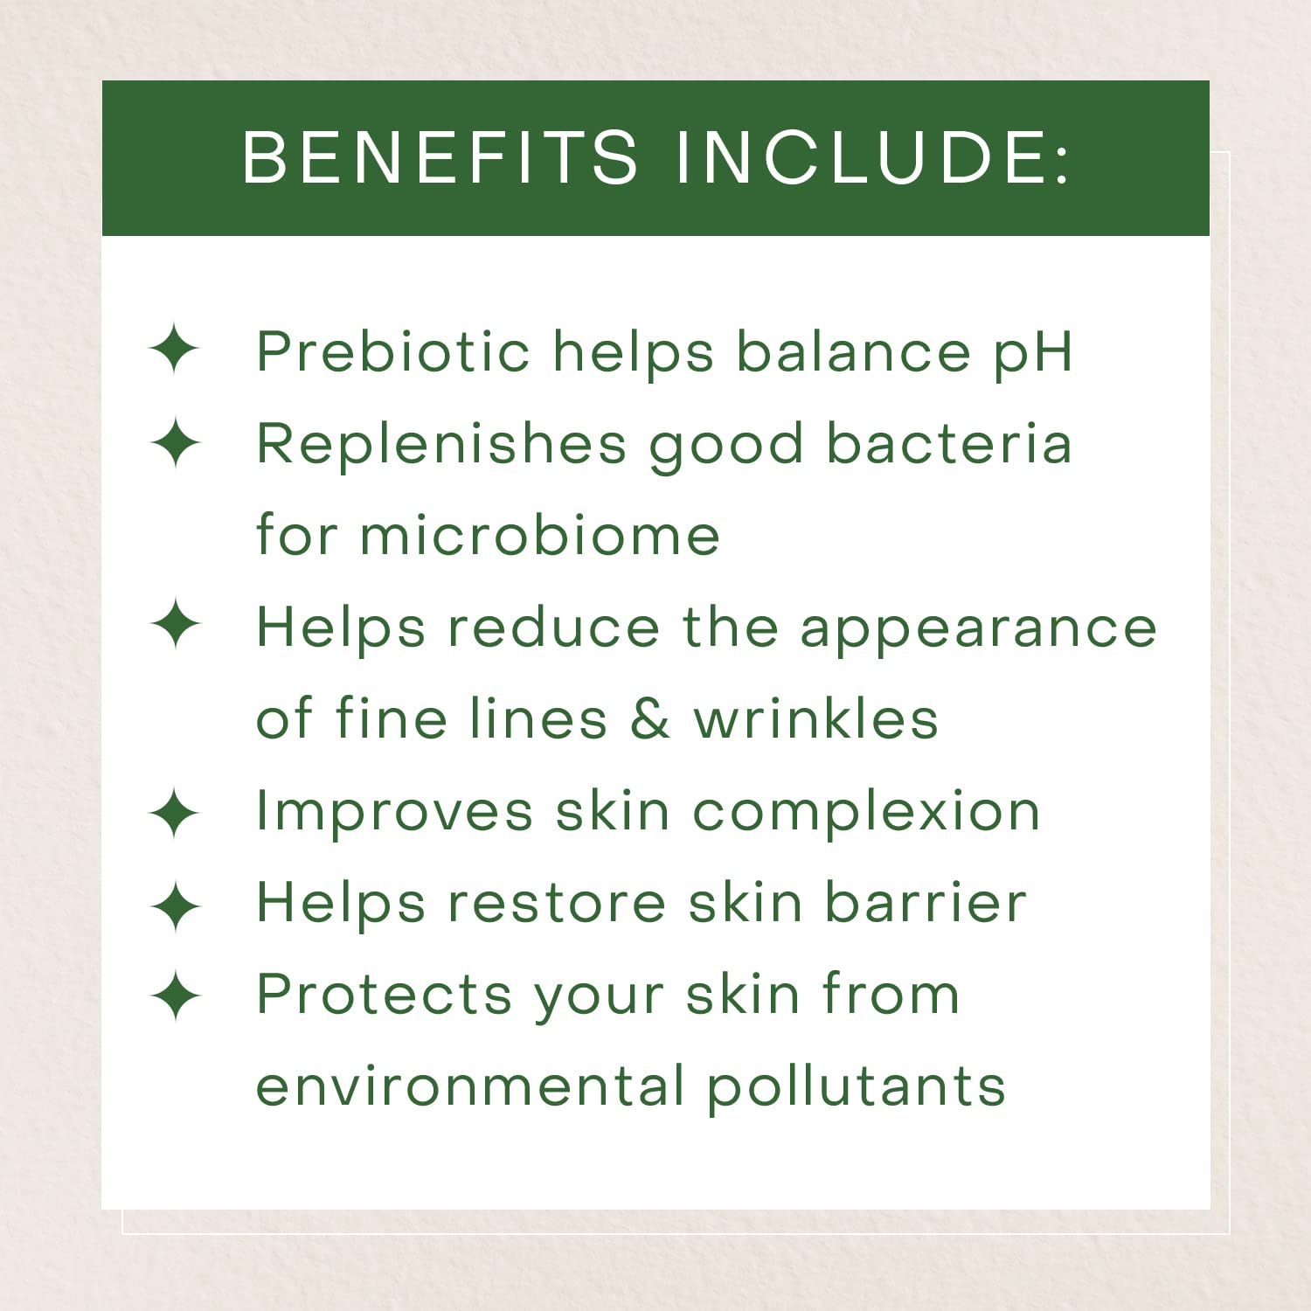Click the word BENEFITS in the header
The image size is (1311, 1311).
pos(440,157)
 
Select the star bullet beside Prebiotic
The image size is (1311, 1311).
pos(175,350)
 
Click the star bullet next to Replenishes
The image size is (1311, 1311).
pos(175,442)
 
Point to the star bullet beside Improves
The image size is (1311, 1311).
pos(175,813)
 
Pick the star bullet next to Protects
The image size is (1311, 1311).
pos(175,995)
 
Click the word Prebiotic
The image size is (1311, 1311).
pos(392,351)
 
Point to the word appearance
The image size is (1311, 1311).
pos(978,629)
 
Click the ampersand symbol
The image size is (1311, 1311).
pos(650,718)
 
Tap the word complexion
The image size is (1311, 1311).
pos(866,813)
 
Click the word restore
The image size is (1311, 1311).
pos(557,904)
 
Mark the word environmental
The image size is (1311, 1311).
pos(469,1086)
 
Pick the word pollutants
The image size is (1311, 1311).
pos(857,1088)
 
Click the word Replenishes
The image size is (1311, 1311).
pos(441,444)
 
